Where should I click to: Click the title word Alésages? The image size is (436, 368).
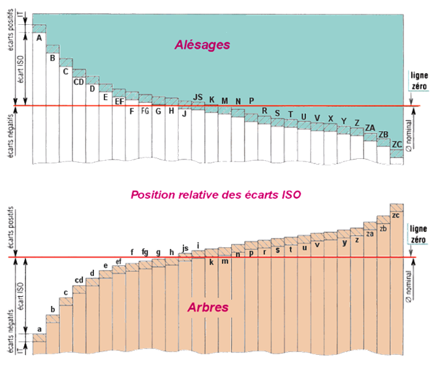coord(202,45)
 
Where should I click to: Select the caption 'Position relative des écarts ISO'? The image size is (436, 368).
coord(215,195)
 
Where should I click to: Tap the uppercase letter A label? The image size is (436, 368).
coord(39,39)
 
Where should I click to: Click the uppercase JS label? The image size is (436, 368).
coord(198,97)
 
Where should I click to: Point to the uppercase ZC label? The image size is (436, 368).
coord(397,144)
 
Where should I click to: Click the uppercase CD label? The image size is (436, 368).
coord(79,81)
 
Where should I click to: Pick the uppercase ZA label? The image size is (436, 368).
coord(370,127)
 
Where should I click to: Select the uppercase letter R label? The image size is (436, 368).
coord(264,111)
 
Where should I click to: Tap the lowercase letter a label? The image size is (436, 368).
coord(39,329)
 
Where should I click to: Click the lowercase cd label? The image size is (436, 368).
coord(79,280)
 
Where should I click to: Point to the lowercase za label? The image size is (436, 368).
coord(370,233)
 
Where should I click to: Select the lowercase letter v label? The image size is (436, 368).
coord(317,245)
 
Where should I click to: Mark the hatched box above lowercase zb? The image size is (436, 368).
coord(384,220)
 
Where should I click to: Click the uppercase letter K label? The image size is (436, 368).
coord(211,100)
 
